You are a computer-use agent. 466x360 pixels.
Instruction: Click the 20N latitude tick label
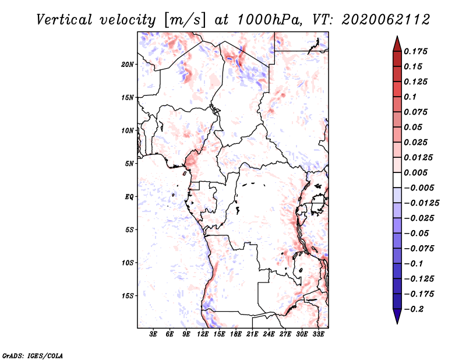pyautogui.click(x=127, y=65)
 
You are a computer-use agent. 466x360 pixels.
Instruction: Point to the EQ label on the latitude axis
pyautogui.click(x=129, y=197)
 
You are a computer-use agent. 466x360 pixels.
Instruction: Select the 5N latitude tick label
pyautogui.click(x=129, y=164)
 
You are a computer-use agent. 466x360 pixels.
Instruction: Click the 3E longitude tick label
pyautogui.click(x=153, y=334)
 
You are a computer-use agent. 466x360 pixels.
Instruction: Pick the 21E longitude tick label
pyautogui.click(x=252, y=334)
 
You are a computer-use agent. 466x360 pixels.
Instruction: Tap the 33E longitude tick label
pyautogui.click(x=318, y=334)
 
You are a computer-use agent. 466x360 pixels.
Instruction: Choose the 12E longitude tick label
pyautogui.click(x=203, y=334)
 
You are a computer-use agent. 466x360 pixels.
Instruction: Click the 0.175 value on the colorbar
pyautogui.click(x=415, y=51)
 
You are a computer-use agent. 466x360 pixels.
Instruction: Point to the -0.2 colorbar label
pyautogui.click(x=414, y=309)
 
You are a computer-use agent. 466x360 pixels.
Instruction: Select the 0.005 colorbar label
pyautogui.click(x=415, y=172)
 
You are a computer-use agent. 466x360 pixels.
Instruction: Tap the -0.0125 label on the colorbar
pyautogui.click(x=421, y=203)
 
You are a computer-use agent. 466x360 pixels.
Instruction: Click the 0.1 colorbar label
pyautogui.click(x=410, y=97)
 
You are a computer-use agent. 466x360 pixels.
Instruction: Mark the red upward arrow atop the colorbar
pyautogui.click(x=397, y=44)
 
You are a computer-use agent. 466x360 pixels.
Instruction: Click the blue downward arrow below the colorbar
pyautogui.click(x=397, y=316)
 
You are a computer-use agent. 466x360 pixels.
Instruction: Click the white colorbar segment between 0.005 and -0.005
pyautogui.click(x=397, y=180)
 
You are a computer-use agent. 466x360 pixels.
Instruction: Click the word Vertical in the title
pyautogui.click(x=65, y=20)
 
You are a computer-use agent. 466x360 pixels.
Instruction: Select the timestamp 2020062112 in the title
pyautogui.click(x=386, y=20)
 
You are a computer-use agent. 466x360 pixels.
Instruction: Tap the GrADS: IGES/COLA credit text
pyautogui.click(x=33, y=355)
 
